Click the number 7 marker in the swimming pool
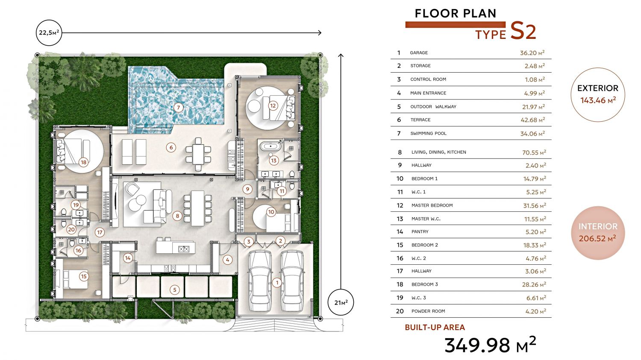pos(179,108)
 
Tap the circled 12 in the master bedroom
pos(273,106)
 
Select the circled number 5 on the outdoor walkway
pos(175,290)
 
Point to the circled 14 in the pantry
pos(128,258)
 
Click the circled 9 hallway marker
pos(247,189)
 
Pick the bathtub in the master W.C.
pos(271,146)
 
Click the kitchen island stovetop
pos(184,249)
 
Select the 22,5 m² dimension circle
pos(49,32)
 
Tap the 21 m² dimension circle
pos(341,302)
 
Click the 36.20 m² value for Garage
pos(532,53)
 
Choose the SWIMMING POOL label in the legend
pos(428,134)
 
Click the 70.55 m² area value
pos(534,152)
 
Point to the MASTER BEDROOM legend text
pos(432,205)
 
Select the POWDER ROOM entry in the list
pos(428,311)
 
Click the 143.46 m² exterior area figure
pos(598,100)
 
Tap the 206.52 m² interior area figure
pos(597,238)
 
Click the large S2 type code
pos(523,32)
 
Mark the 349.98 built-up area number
pos(477,345)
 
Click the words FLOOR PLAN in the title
pos(456,13)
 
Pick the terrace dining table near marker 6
pos(198,155)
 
